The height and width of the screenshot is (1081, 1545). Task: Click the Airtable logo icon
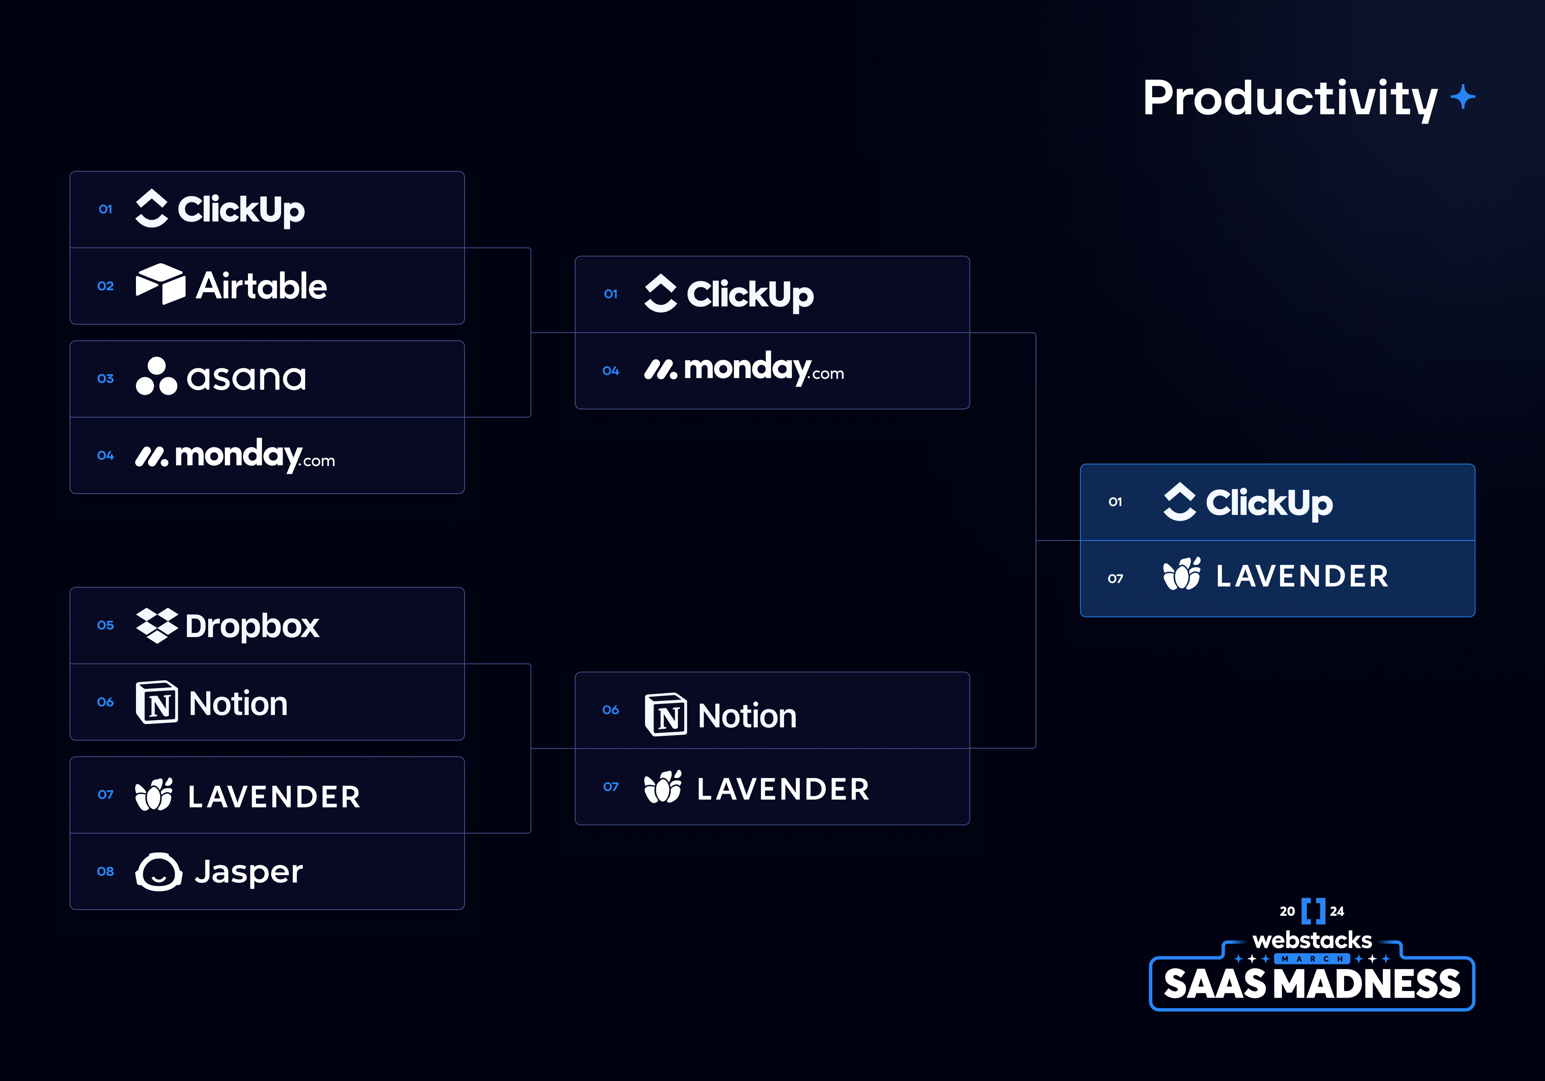click(x=160, y=285)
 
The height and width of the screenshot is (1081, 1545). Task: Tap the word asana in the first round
click(x=246, y=378)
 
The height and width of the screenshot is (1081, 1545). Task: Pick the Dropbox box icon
click(x=157, y=625)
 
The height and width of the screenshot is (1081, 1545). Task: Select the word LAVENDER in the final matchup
click(x=1302, y=576)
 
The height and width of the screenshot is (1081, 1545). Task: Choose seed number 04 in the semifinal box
click(x=610, y=371)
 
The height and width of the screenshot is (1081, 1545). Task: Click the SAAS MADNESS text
click(x=1312, y=984)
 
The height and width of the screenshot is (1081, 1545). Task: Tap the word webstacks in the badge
click(x=1312, y=940)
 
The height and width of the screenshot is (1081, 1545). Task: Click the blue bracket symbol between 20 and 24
click(x=1313, y=911)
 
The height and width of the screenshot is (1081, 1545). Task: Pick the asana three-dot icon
click(x=156, y=377)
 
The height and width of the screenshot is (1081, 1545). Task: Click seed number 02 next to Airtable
click(x=106, y=286)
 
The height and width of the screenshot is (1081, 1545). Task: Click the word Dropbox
click(x=252, y=626)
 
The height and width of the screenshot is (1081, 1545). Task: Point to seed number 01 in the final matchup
click(x=1115, y=502)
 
